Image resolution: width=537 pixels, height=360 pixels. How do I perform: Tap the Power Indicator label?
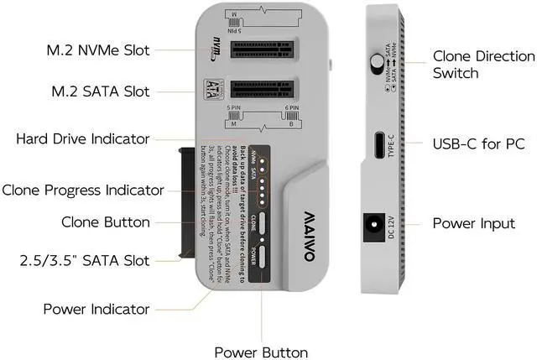click(96, 308)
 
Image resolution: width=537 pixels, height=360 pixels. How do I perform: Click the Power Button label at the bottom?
click(261, 352)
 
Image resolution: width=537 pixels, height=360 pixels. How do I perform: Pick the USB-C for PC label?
click(478, 143)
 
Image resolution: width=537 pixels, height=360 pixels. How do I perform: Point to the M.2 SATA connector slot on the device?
click(262, 88)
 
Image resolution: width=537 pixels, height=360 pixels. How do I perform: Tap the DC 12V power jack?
click(370, 225)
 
